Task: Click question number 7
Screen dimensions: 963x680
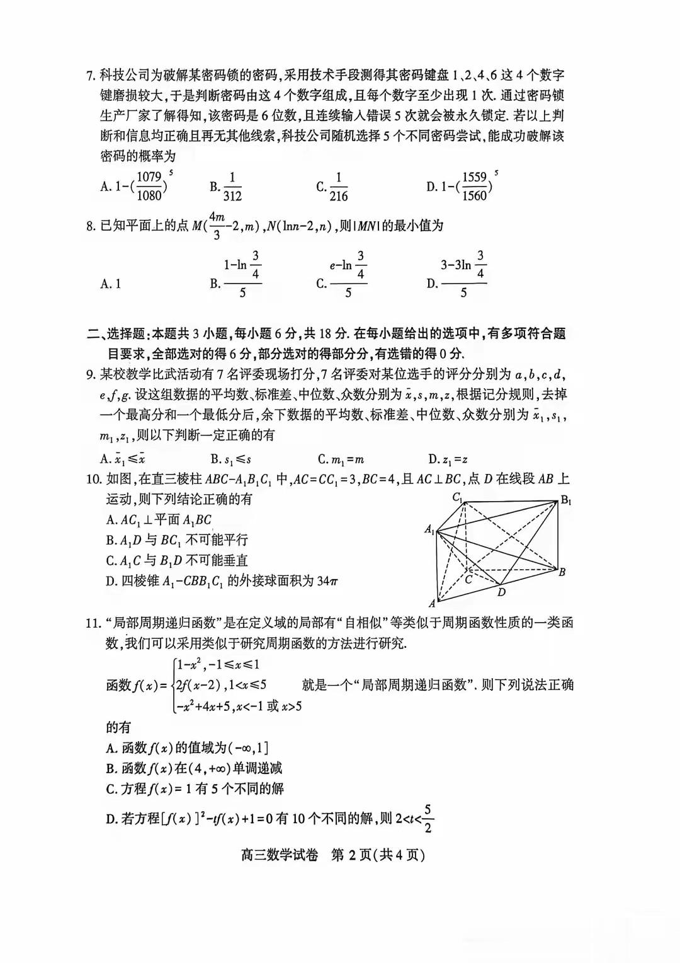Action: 90,76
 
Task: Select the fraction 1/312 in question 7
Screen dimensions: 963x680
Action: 232,187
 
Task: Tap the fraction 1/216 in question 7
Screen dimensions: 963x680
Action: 338,187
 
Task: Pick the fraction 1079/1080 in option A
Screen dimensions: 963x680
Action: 149,186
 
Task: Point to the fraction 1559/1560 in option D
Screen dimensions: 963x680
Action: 474,186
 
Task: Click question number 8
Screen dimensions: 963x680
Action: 90,226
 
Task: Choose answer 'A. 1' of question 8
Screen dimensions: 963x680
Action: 111,284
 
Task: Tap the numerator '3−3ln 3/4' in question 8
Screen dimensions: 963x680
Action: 463,265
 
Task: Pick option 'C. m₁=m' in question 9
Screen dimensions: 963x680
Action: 341,459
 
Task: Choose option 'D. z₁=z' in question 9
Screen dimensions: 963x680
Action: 448,459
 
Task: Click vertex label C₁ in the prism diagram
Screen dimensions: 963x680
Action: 458,497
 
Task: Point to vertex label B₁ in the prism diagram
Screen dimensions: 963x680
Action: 566,500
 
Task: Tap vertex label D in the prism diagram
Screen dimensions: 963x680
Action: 501,592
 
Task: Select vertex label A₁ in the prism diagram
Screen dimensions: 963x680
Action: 429,529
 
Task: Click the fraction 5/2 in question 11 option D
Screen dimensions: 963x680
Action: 428,818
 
